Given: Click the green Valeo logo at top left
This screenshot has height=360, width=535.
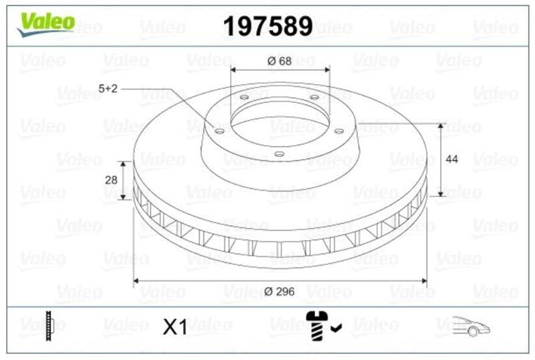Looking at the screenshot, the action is pyautogui.click(x=45, y=24).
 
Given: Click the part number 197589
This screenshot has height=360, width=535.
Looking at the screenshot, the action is pyautogui.click(x=268, y=26).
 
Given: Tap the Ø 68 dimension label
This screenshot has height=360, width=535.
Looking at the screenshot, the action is pyautogui.click(x=280, y=61).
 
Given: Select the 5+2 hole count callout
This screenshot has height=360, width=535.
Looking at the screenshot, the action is pyautogui.click(x=108, y=89).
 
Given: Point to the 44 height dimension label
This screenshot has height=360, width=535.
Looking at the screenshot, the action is pyautogui.click(x=452, y=159).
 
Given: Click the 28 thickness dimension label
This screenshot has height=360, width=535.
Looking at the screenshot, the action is pyautogui.click(x=111, y=179).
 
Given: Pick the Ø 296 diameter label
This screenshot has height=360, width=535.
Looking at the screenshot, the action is pyautogui.click(x=279, y=291).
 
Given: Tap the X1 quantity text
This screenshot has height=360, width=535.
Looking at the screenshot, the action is pyautogui.click(x=175, y=327).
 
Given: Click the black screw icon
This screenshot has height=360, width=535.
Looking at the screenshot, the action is pyautogui.click(x=317, y=325).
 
